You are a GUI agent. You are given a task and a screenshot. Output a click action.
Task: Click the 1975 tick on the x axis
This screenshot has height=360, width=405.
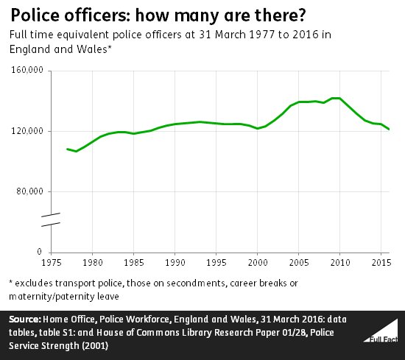(x=51, y=262)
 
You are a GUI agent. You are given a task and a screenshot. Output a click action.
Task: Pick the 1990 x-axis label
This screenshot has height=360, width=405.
(x=175, y=262)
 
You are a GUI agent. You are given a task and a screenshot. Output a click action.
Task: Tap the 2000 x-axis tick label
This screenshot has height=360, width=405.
(x=257, y=262)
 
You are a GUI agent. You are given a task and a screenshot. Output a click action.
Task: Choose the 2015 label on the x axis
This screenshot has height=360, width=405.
(x=381, y=262)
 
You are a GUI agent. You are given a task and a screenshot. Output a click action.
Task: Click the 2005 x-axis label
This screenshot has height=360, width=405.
(x=298, y=262)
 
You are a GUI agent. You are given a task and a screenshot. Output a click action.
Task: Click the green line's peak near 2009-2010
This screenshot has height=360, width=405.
(x=336, y=98)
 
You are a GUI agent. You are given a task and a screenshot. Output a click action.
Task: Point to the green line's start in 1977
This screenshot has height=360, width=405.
(x=67, y=149)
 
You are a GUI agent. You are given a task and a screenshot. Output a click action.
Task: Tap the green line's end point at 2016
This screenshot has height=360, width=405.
(x=389, y=130)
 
